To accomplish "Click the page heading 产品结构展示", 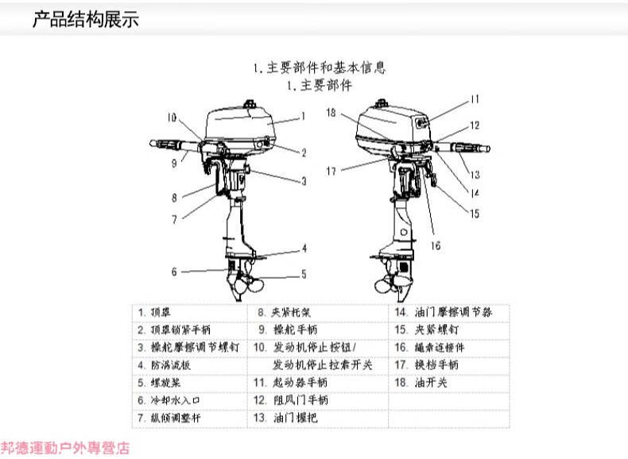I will click(85, 20).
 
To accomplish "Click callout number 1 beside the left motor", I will click(303, 116).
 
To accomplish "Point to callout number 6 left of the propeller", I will click(174, 272).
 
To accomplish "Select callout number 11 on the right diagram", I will click(474, 100).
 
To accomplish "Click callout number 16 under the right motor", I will click(435, 245).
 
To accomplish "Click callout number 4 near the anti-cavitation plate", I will click(303, 249).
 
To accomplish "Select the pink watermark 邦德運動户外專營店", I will click(65, 449).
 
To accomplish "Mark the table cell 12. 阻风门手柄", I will click(290, 400).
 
